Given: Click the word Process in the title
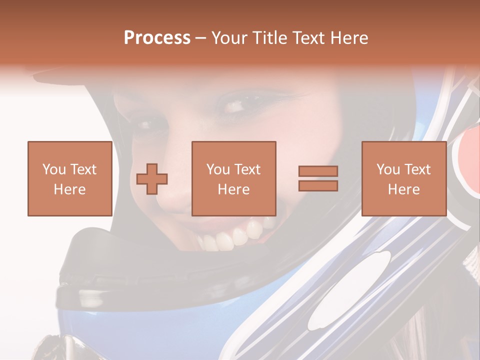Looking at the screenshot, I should (x=157, y=38).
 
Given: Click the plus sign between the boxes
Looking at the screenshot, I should (x=152, y=178).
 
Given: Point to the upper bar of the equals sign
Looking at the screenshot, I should (x=318, y=171).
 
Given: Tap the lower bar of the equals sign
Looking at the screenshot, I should (x=318, y=185).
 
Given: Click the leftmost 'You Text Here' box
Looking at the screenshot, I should (x=69, y=178).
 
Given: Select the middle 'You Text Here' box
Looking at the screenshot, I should (x=233, y=178).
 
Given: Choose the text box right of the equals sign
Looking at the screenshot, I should (x=403, y=178).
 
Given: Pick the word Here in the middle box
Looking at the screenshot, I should (x=233, y=189).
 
